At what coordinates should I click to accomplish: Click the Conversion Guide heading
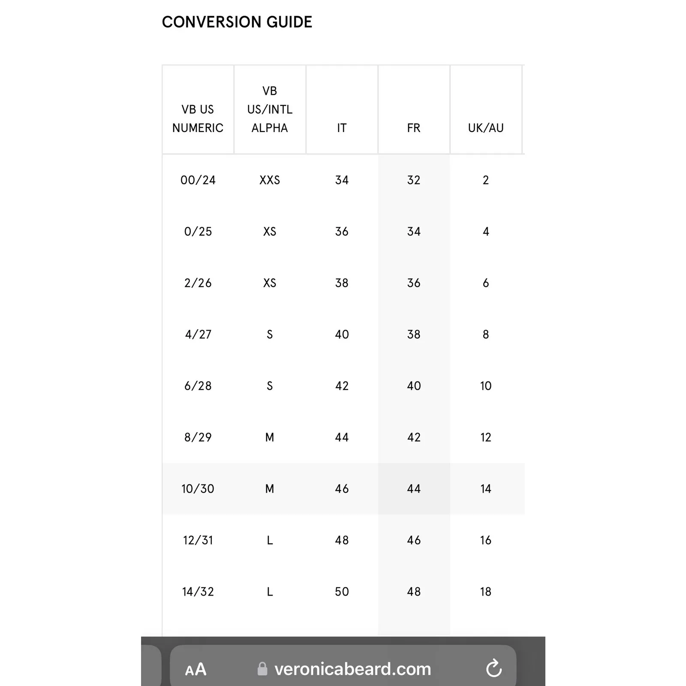(237, 22)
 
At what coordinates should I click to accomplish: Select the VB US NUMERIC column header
(198, 118)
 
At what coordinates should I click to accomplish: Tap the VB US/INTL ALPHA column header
(270, 109)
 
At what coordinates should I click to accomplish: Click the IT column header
(342, 128)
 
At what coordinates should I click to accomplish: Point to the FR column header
(414, 128)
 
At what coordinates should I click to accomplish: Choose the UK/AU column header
(486, 128)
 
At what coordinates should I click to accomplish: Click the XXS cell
(270, 180)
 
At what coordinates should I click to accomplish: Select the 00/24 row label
(198, 180)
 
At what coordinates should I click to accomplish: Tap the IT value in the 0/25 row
(342, 232)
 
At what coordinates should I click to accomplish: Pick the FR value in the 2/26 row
(414, 283)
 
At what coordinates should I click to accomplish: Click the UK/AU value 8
(486, 334)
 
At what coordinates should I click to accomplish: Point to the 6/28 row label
(198, 386)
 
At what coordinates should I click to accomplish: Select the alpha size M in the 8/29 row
(270, 437)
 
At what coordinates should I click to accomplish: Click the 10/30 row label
(198, 489)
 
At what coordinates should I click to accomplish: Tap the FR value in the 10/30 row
(414, 489)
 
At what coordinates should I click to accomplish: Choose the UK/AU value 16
(486, 540)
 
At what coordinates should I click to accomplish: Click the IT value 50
(342, 592)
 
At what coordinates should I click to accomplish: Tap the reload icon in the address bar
(494, 668)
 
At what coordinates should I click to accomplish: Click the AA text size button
(196, 669)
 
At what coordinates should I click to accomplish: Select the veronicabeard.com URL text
(352, 669)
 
